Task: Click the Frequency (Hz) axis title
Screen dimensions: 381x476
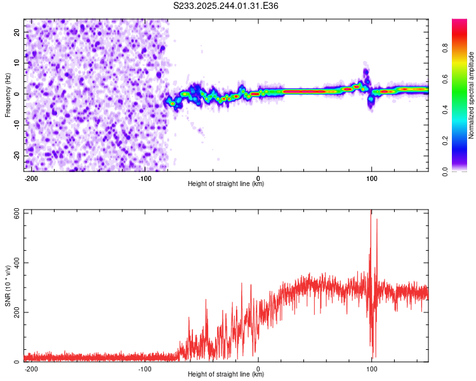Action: (x=8, y=94)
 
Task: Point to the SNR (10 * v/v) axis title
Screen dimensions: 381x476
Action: (x=8, y=286)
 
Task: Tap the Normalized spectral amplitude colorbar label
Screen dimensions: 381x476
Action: (x=472, y=95)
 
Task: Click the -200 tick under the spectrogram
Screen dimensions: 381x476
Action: (x=30, y=178)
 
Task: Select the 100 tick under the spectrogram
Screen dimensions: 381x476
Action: (x=371, y=178)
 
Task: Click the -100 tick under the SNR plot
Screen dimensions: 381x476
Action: (x=144, y=368)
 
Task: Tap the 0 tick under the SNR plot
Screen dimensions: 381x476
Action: (x=258, y=368)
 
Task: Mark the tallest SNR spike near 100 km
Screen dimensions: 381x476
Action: (x=371, y=212)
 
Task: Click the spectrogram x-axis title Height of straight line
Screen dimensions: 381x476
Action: (x=226, y=184)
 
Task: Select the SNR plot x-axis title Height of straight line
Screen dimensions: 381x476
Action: (x=226, y=375)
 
